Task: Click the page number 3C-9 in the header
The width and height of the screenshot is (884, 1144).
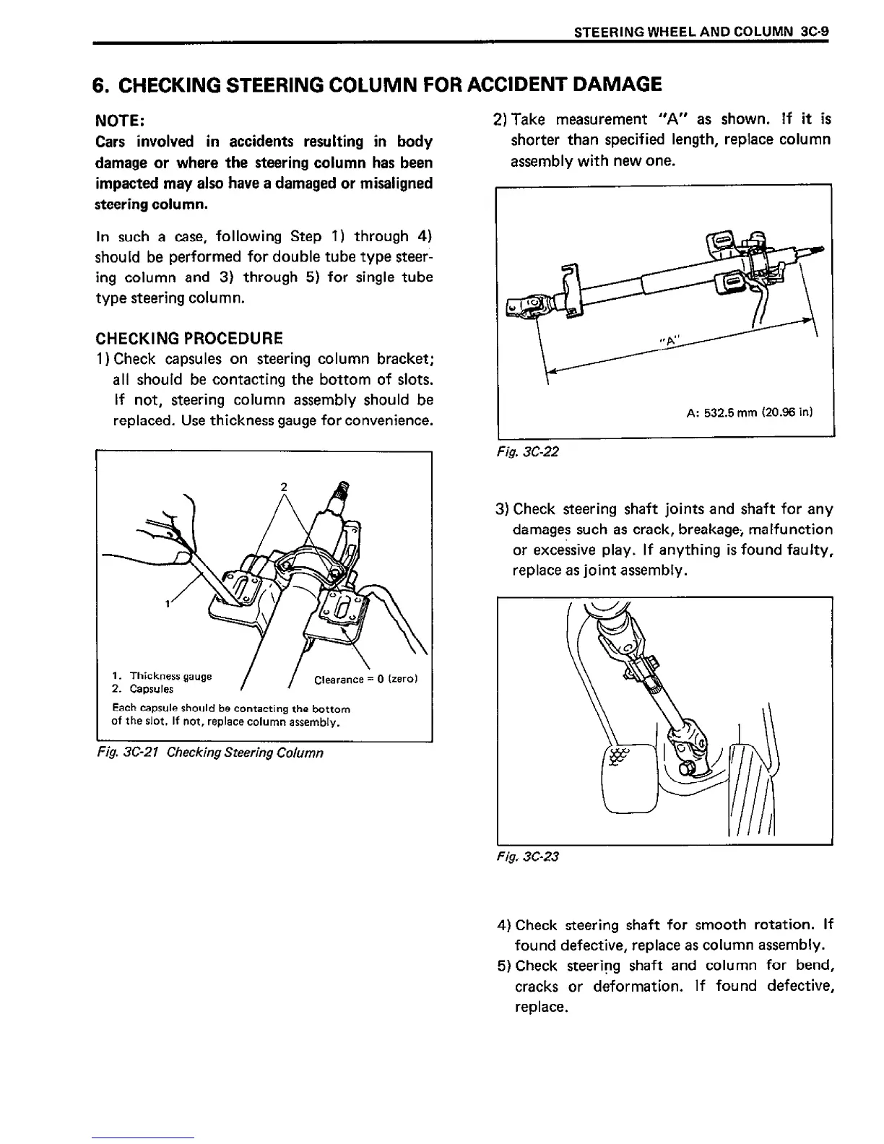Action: (815, 32)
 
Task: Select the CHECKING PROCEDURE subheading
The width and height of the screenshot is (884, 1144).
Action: (189, 338)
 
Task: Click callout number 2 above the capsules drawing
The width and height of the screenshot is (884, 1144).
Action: (284, 487)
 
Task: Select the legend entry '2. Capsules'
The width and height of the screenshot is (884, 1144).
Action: (143, 690)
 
